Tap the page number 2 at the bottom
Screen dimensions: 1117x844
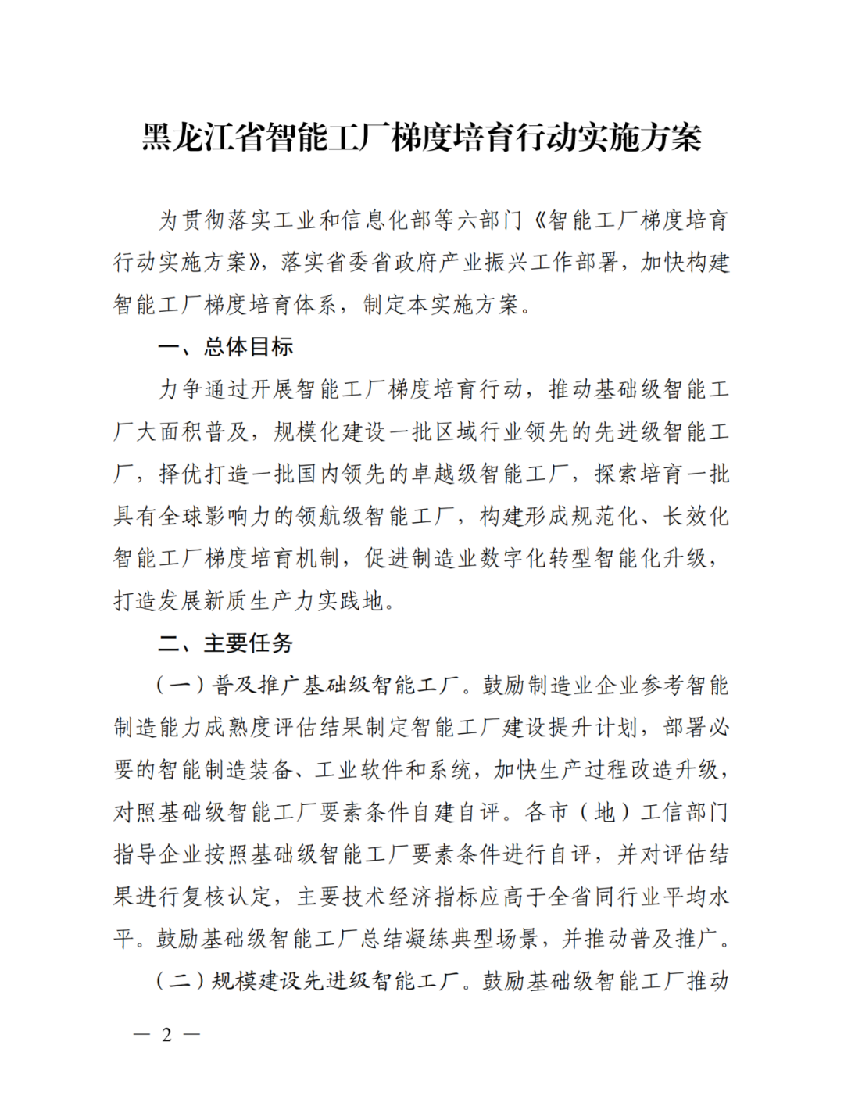[166, 1035]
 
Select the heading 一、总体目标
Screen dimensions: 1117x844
[225, 346]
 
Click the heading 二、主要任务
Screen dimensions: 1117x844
[225, 643]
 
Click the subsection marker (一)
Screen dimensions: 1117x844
[181, 686]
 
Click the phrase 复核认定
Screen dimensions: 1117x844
[227, 897]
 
